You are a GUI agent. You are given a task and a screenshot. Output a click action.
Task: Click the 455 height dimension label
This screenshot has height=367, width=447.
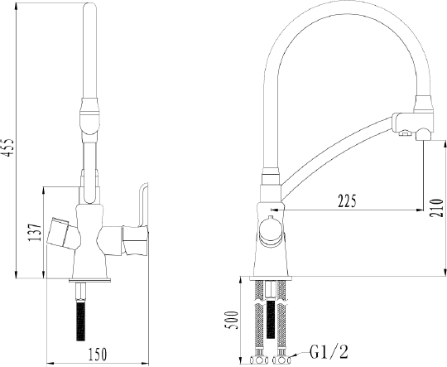pyautogui.click(x=8, y=147)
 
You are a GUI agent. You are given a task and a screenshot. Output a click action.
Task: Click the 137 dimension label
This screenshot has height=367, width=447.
pyautogui.click(x=36, y=232)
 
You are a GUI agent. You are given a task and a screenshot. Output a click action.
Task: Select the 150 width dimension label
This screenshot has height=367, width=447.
pyautogui.click(x=97, y=354)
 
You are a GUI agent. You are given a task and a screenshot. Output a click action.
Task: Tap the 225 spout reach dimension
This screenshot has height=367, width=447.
pyautogui.click(x=347, y=201)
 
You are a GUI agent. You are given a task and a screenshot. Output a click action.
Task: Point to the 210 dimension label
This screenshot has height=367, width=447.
pyautogui.click(x=437, y=208)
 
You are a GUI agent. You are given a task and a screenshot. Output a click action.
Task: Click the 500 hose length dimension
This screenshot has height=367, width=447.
pyautogui.click(x=232, y=321)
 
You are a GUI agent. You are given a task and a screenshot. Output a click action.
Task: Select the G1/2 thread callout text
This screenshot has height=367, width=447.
pyautogui.click(x=329, y=351)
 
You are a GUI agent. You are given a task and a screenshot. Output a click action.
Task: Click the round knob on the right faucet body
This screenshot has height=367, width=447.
pyautogui.click(x=271, y=231)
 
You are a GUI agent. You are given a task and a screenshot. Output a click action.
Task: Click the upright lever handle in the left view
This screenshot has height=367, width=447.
pyautogui.click(x=143, y=205)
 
